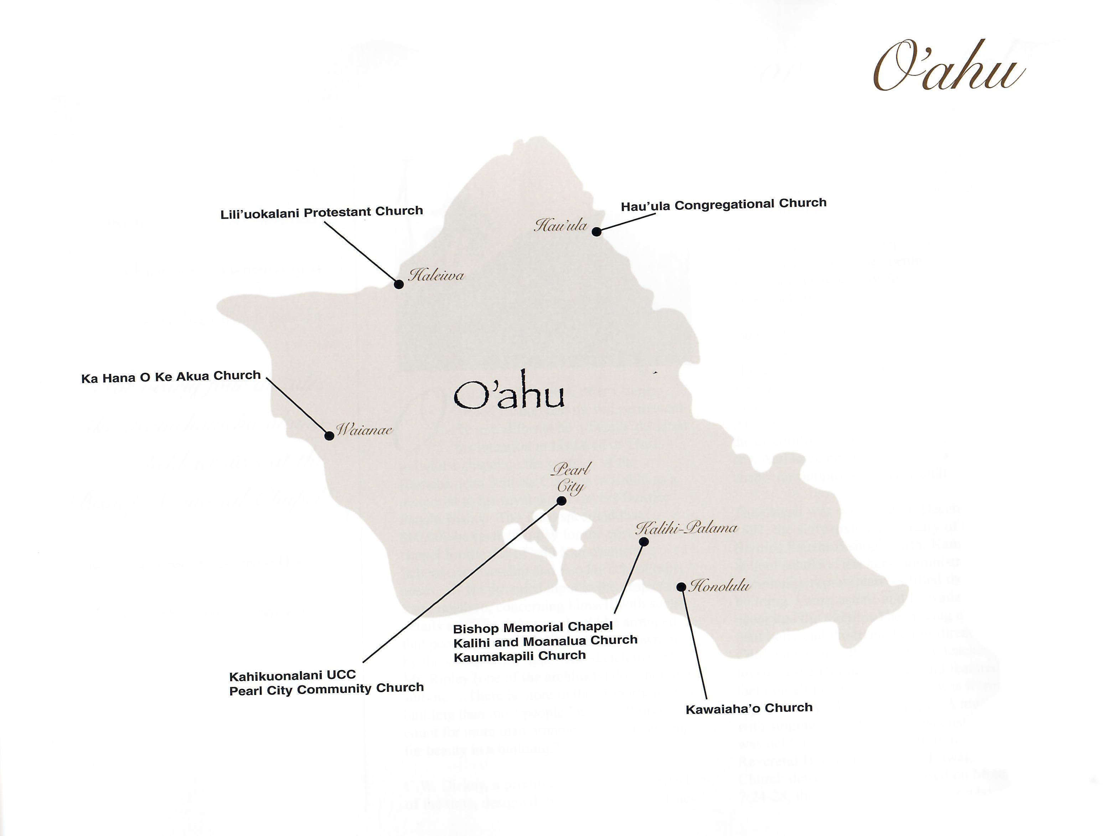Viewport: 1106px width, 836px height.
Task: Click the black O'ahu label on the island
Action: (509, 396)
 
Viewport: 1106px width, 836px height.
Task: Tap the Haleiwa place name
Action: (436, 275)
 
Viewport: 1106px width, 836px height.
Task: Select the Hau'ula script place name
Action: (560, 225)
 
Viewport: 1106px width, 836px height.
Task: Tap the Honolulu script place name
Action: (719, 586)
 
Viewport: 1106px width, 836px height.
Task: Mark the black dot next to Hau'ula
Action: (596, 231)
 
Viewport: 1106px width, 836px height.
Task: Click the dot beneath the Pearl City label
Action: (562, 501)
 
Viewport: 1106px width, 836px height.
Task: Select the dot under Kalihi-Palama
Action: (644, 542)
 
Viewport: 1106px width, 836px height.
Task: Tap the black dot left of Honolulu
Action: (681, 587)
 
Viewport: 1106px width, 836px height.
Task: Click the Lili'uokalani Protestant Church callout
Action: (321, 212)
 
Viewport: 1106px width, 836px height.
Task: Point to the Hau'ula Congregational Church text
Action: (724, 204)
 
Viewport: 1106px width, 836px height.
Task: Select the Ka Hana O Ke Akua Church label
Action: (171, 376)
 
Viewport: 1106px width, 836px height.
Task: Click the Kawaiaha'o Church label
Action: (749, 708)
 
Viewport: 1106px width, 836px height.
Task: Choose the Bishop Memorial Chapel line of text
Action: (533, 628)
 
